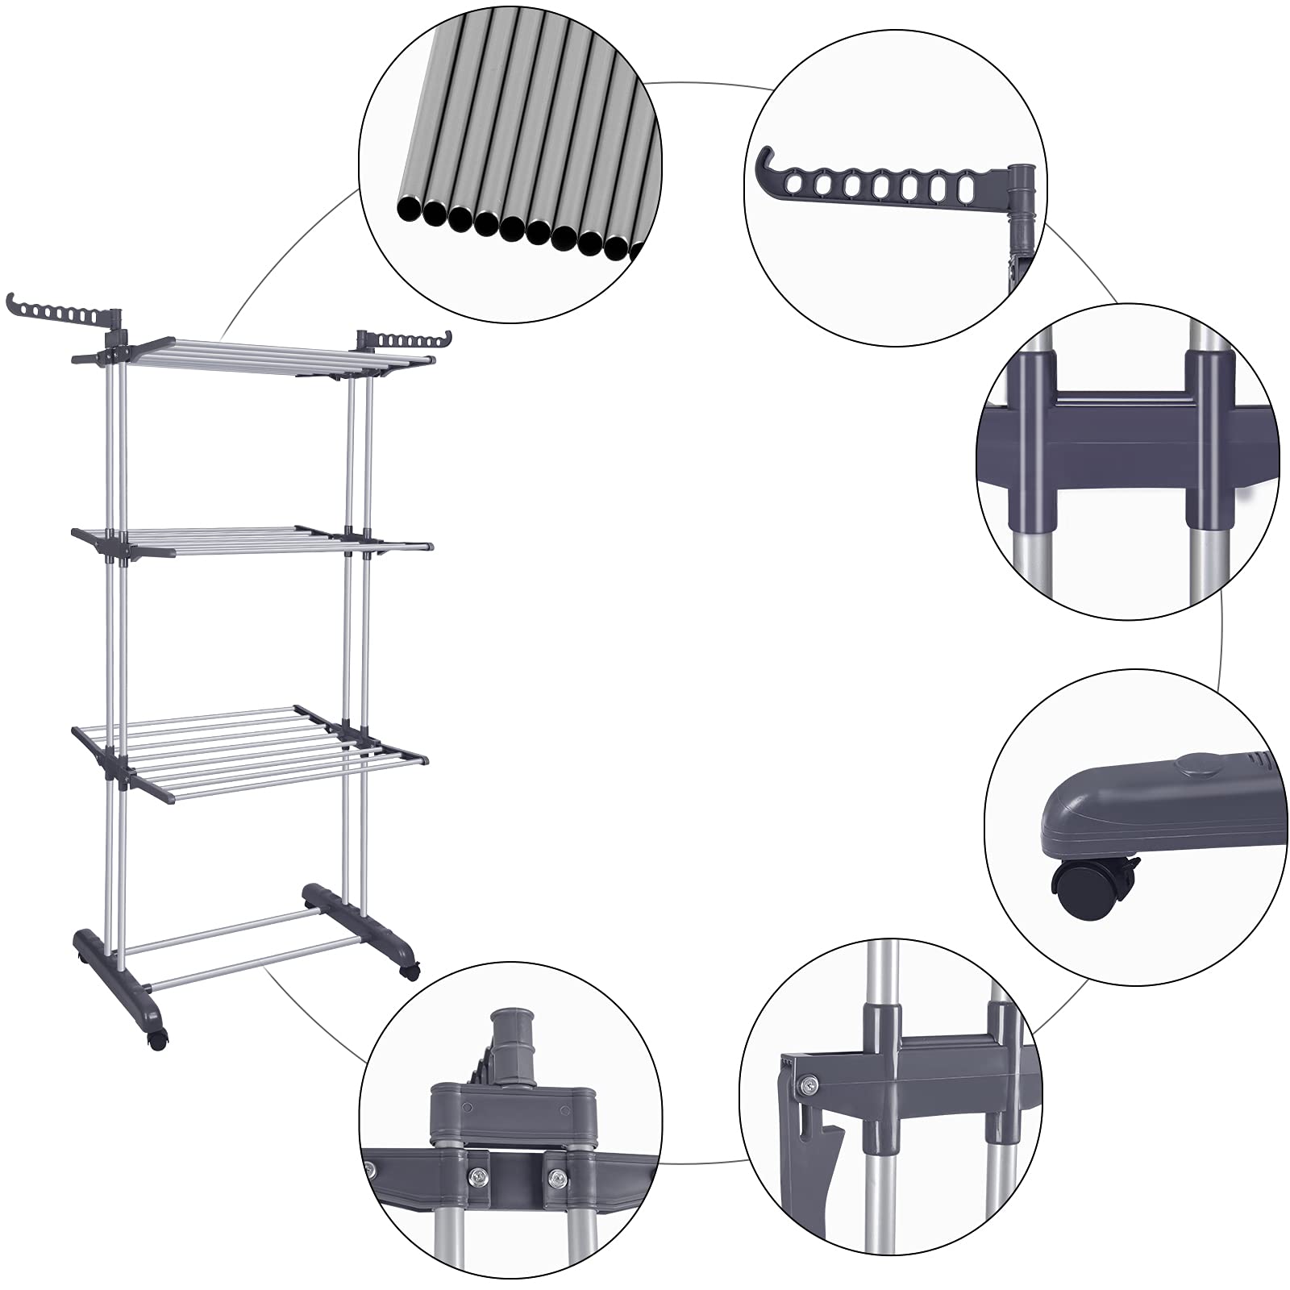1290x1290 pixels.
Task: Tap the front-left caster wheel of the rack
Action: pos(156,1040)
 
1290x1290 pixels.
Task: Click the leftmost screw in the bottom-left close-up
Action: pos(371,1170)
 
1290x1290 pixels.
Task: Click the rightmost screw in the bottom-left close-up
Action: pos(556,1180)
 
